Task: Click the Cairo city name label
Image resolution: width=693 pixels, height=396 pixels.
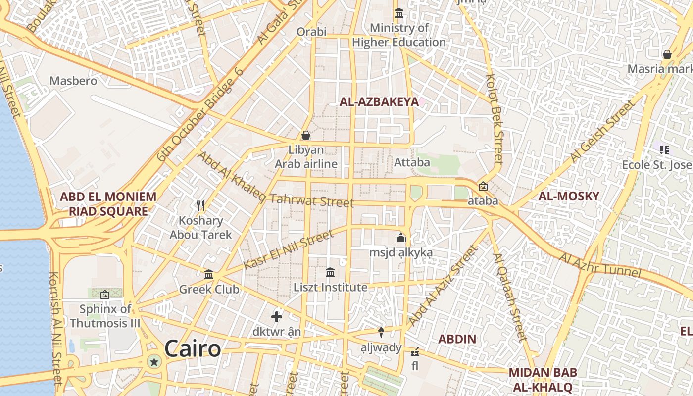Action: [193, 349]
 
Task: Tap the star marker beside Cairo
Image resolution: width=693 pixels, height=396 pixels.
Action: [154, 362]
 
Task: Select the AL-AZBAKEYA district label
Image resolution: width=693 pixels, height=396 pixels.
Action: [379, 102]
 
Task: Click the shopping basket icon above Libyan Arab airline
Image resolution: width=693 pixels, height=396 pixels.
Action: [306, 135]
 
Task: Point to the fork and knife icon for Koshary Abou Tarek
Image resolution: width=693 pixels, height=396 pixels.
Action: [200, 205]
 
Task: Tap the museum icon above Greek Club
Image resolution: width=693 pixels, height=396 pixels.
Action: [209, 274]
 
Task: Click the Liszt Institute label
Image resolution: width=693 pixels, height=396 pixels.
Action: [330, 287]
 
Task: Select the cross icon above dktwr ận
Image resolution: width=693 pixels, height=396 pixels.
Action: [277, 316]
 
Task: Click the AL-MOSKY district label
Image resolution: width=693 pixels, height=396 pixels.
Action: [569, 196]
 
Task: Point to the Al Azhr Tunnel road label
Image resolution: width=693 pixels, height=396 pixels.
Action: [600, 265]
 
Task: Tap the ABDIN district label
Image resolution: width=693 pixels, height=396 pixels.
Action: [457, 339]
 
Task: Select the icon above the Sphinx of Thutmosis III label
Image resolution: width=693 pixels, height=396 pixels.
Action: [105, 295]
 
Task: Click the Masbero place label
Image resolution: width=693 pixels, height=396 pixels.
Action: [73, 81]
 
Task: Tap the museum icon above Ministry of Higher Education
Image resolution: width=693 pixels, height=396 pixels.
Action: [398, 13]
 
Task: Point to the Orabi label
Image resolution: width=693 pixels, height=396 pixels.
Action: [311, 32]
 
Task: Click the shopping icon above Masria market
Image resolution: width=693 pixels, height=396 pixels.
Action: [667, 54]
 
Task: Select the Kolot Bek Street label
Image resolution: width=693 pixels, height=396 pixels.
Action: [495, 119]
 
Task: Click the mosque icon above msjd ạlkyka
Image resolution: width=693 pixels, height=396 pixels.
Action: [401, 238]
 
